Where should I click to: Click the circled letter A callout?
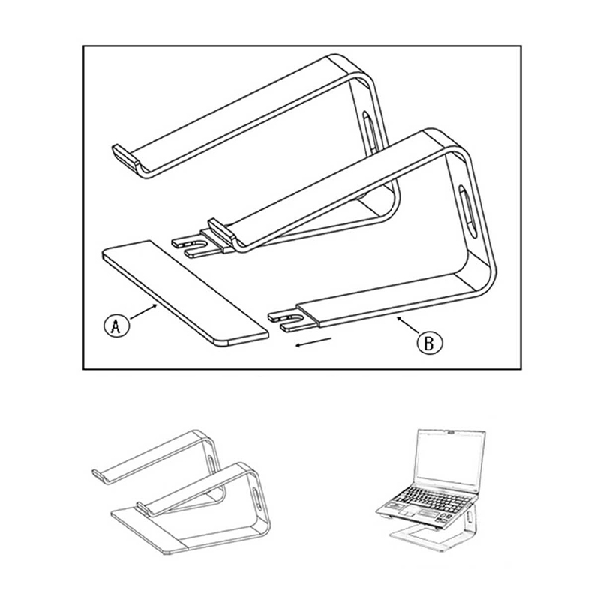[x=117, y=325]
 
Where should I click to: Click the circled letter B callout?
[x=429, y=343]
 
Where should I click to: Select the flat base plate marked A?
[x=185, y=293]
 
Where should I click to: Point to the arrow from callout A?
[x=144, y=311]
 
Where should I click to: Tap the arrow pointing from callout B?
[x=409, y=325]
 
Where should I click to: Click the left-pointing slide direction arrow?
[x=313, y=342]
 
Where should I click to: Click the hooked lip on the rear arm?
[x=124, y=156]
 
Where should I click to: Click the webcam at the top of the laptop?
[x=452, y=433]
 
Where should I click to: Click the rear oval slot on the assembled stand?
[x=212, y=463]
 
